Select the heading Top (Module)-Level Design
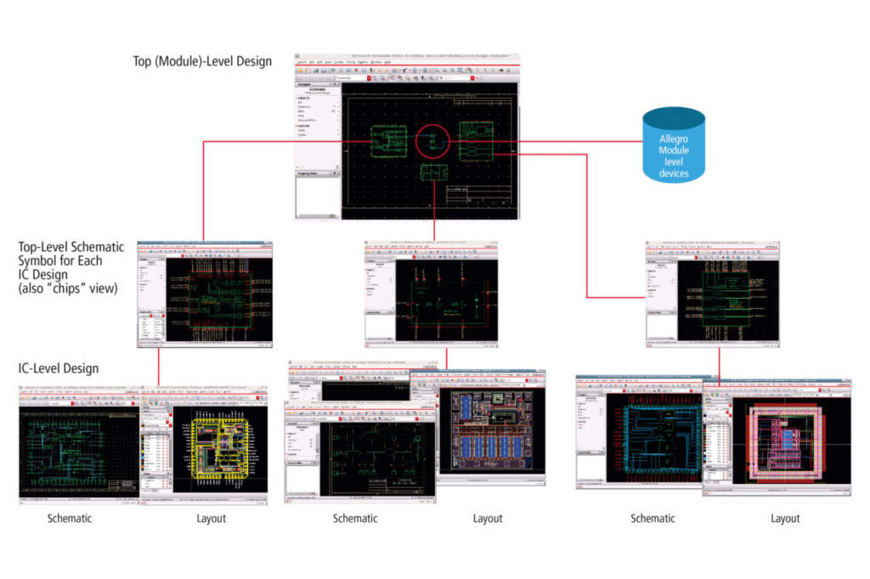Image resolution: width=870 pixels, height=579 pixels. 202,61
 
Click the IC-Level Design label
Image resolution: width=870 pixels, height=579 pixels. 59,368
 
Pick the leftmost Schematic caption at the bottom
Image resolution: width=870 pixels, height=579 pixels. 70,518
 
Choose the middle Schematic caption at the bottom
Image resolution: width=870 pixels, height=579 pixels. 355,518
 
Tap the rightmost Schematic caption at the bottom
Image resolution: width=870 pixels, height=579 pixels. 652,518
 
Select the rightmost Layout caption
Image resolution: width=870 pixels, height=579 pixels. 785,518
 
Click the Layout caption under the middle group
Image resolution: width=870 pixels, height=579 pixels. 488,518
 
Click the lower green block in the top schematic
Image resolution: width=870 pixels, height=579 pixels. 434,171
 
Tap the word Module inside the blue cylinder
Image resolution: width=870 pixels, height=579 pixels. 674,150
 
